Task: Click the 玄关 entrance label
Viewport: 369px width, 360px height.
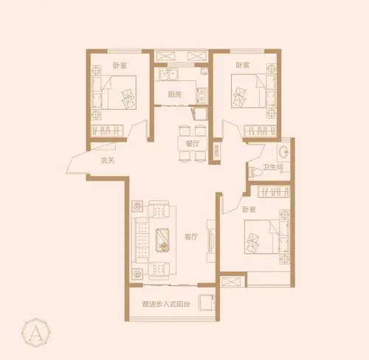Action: click(108, 161)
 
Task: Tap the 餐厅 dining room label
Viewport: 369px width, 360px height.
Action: click(193, 144)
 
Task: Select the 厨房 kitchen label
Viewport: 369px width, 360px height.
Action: click(175, 94)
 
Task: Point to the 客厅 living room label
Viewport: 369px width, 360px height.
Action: click(191, 237)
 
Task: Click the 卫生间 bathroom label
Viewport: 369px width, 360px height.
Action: click(273, 167)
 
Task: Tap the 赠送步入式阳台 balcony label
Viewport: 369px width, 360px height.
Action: click(166, 304)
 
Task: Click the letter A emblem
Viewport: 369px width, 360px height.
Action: click(36, 333)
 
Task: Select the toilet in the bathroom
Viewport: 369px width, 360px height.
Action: click(255, 172)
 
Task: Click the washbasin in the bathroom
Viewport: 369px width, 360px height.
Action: click(283, 152)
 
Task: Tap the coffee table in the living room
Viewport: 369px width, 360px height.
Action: click(162, 240)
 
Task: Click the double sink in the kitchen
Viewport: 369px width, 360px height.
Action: click(169, 74)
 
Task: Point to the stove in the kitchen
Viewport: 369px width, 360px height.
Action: click(201, 95)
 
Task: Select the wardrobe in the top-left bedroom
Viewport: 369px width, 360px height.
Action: click(107, 130)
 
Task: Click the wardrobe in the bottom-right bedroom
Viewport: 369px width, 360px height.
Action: click(274, 192)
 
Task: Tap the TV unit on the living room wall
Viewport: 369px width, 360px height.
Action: click(211, 240)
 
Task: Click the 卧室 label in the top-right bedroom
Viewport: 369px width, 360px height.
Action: click(243, 65)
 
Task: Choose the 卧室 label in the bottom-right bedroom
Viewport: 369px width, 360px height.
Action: click(249, 210)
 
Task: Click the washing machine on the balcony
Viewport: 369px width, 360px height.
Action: click(207, 302)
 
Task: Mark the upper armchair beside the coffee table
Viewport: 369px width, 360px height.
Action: click(159, 210)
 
